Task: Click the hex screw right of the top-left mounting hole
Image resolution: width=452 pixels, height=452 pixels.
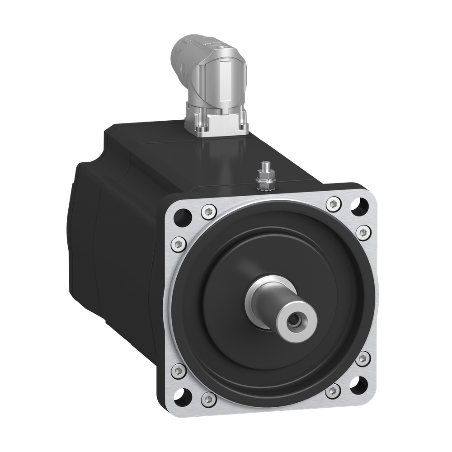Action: pos(208,211)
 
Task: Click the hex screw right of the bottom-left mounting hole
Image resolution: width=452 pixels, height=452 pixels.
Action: pos(207,399)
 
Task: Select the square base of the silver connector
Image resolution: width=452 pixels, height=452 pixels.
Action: pos(217,118)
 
